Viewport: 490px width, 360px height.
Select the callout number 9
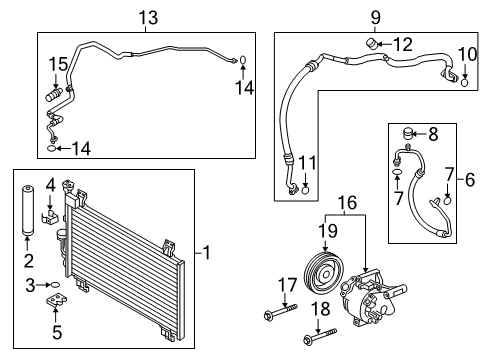click(377, 17)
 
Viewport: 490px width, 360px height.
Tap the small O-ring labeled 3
click(53, 285)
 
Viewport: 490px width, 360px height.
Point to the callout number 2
click(29, 262)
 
